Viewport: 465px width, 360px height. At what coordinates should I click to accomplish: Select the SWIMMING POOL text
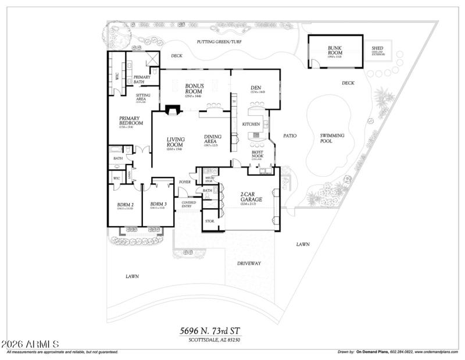click(332, 138)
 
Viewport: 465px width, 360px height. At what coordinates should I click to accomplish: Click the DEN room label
click(257, 88)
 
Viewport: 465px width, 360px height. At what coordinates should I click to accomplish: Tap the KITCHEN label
click(251, 124)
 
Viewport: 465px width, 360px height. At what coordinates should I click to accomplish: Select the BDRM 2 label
click(125, 204)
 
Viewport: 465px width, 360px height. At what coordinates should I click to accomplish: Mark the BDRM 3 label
click(158, 204)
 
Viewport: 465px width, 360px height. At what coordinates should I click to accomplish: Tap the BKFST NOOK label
click(257, 156)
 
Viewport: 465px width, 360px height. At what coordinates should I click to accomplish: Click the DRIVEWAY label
click(249, 263)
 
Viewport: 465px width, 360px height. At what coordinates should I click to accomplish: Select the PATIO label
click(289, 136)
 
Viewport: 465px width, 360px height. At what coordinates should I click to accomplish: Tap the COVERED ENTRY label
click(189, 204)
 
